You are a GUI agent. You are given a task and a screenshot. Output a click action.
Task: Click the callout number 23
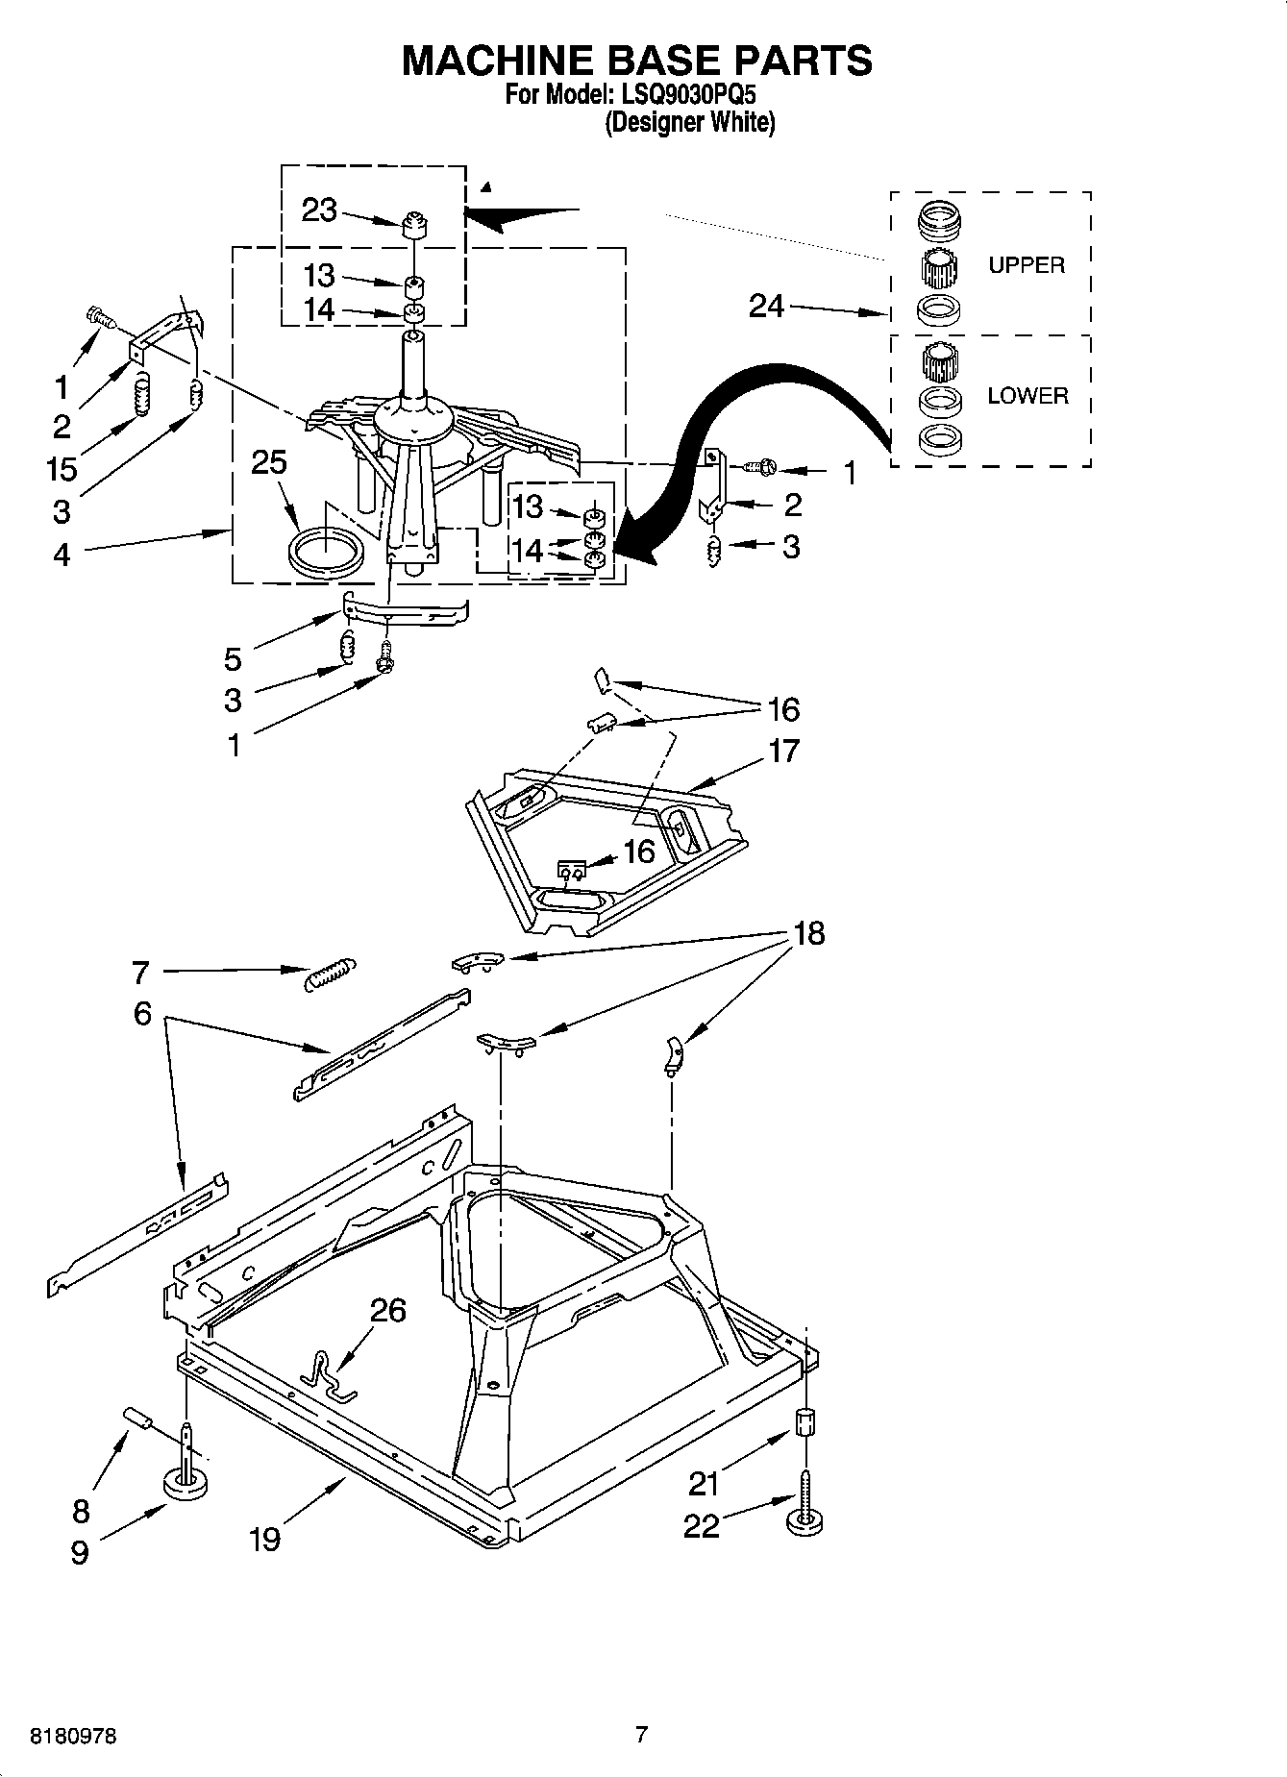(x=319, y=210)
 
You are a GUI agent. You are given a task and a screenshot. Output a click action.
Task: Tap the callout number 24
(x=766, y=307)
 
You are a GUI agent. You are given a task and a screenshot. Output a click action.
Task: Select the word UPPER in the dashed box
(x=1026, y=265)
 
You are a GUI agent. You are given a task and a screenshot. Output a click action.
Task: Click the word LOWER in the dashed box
(x=1027, y=396)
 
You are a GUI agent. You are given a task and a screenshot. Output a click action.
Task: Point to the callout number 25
(x=269, y=462)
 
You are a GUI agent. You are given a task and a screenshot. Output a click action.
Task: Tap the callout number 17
(x=784, y=751)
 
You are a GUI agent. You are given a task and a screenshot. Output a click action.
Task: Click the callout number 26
(x=388, y=1310)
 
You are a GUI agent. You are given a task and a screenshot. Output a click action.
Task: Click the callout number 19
(x=264, y=1539)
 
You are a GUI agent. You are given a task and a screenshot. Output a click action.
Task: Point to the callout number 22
(x=702, y=1525)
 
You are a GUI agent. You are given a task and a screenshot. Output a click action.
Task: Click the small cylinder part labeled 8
(x=138, y=1419)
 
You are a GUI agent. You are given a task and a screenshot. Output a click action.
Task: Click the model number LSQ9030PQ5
(x=689, y=96)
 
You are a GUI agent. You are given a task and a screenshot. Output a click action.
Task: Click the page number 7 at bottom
(x=641, y=1735)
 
